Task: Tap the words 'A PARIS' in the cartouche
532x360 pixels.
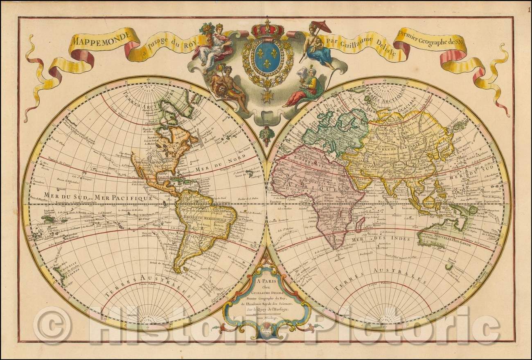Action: click(266, 282)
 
